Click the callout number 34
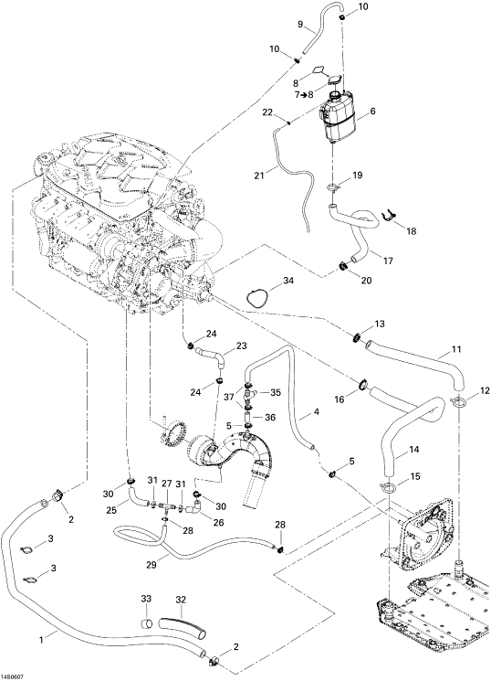[x=288, y=281]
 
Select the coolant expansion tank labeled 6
[x=338, y=115]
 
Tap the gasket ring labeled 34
[x=256, y=300]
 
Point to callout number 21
[x=260, y=176]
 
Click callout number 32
[x=181, y=601]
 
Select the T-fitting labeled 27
[x=167, y=506]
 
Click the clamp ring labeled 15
[x=389, y=488]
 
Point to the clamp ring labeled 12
[x=458, y=403]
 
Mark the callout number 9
[x=299, y=25]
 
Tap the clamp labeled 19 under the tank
[x=333, y=187]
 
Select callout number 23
[x=241, y=346]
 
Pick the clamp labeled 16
[x=362, y=384]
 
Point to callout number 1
[x=42, y=639]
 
